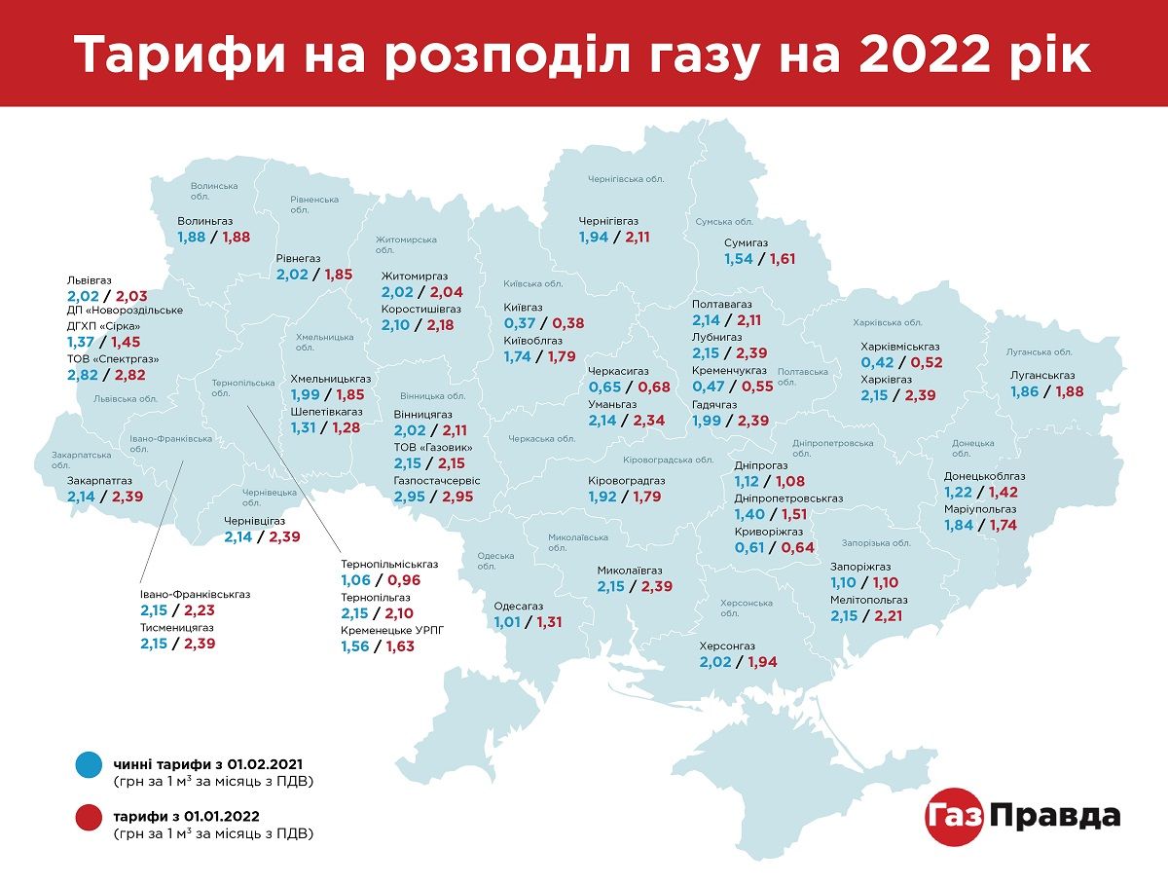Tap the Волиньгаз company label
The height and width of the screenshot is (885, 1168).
tap(205, 221)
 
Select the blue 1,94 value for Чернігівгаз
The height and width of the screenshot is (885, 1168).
tap(594, 237)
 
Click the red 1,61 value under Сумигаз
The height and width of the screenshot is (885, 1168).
tap(783, 259)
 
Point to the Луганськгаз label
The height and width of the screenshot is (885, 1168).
tap(1042, 375)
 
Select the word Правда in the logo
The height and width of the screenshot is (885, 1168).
tap(1055, 816)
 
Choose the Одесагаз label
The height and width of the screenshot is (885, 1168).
tap(519, 606)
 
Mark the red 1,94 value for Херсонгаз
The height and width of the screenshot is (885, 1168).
tap(760, 662)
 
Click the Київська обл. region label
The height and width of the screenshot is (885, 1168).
tap(533, 284)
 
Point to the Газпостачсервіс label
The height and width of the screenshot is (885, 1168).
tap(437, 481)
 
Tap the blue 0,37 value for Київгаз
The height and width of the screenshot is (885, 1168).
tap(521, 323)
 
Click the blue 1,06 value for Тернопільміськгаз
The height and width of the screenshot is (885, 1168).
tap(357, 580)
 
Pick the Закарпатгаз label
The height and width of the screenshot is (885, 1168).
tap(99, 480)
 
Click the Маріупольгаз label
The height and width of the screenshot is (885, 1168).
tap(980, 509)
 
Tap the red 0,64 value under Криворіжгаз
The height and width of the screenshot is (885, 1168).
tap(797, 547)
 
